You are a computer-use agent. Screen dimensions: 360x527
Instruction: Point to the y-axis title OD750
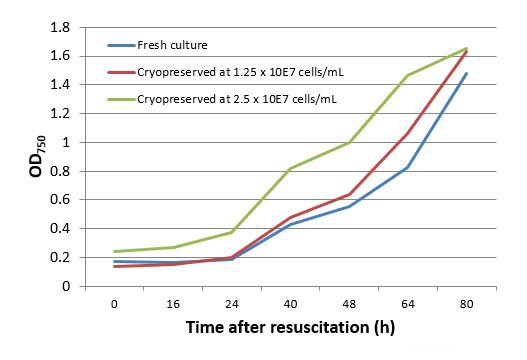click(33, 158)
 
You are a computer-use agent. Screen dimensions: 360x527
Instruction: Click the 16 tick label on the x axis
click(173, 303)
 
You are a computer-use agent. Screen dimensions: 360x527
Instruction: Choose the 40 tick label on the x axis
click(290, 303)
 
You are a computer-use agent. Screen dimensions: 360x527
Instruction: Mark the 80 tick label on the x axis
click(466, 303)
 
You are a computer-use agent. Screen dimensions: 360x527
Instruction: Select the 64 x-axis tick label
click(407, 303)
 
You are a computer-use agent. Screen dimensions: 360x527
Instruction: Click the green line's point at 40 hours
click(290, 168)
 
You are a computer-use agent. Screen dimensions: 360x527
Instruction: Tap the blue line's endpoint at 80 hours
click(466, 73)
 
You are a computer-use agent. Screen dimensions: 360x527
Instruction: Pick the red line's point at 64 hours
click(407, 133)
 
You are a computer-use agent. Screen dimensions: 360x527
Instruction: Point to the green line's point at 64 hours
click(407, 75)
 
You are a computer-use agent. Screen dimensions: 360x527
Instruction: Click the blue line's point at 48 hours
click(349, 206)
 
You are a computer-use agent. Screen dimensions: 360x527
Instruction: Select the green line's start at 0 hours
click(114, 251)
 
